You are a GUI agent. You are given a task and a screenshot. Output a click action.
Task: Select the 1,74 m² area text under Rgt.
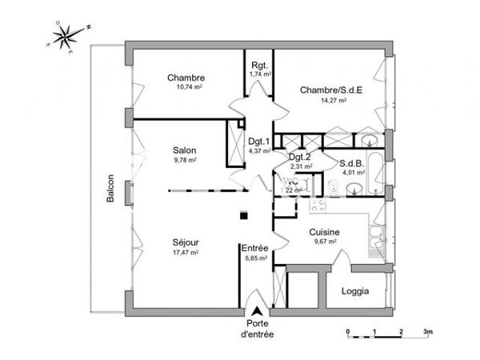point(259,74)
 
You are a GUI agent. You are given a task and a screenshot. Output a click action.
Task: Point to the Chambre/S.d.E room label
point(330,90)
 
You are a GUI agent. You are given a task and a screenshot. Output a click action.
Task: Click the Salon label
point(185,150)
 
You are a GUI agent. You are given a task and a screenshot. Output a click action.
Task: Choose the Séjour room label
point(185,242)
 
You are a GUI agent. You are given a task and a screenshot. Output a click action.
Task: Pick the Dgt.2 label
point(299,157)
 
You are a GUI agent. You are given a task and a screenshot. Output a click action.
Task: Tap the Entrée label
point(256,249)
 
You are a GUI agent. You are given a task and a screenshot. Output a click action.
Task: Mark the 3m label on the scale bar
point(427,330)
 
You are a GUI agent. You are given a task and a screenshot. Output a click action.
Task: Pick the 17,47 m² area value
point(185,252)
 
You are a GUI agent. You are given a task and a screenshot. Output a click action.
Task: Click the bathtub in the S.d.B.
point(372,145)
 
